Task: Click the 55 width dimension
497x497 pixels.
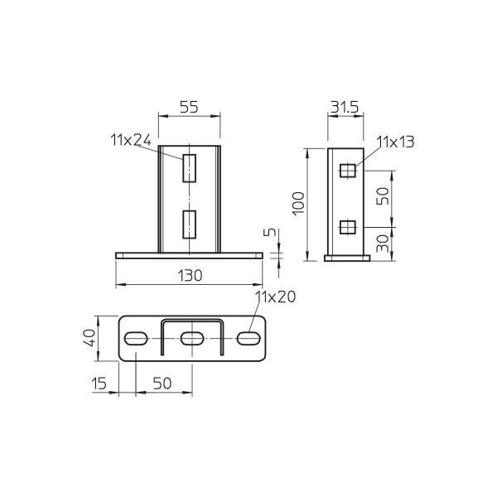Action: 189,108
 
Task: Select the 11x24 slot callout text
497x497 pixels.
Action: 130,140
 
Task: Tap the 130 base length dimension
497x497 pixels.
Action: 190,277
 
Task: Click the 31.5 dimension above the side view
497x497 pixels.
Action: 346,108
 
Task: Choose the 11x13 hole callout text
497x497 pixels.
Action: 395,142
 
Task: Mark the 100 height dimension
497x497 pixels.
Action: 299,203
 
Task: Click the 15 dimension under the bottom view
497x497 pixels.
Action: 100,383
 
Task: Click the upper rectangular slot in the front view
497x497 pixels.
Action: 190,167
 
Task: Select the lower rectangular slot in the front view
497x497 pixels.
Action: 190,224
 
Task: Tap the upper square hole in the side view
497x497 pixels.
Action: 349,171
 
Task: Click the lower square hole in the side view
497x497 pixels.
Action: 349,226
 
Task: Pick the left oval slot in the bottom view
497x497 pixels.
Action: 137,338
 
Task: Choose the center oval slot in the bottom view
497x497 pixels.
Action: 192,338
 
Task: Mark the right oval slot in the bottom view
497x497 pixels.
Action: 248,338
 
